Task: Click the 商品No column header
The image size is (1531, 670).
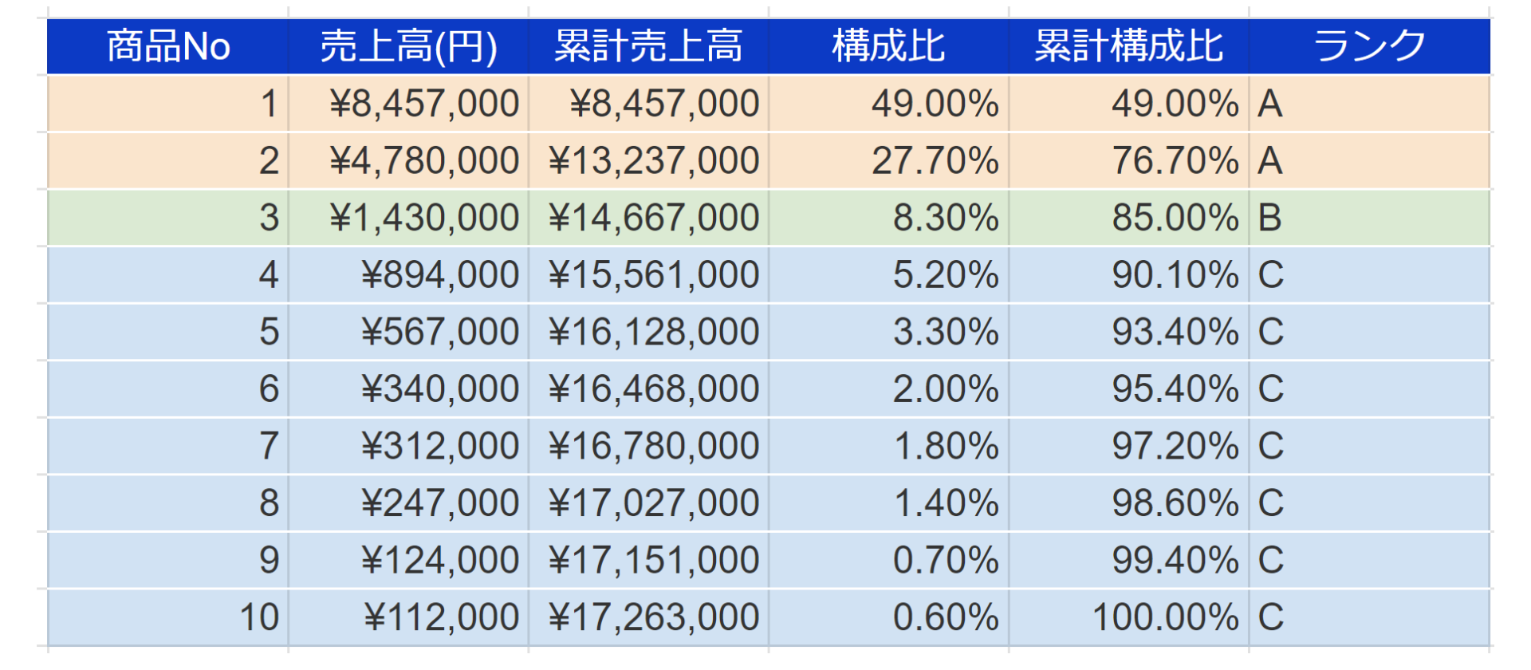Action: click(x=168, y=46)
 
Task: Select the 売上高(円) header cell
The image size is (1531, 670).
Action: click(x=408, y=46)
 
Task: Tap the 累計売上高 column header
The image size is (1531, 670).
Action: click(x=648, y=46)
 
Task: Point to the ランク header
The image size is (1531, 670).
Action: click(x=1369, y=46)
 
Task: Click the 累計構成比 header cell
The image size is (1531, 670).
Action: click(x=1128, y=46)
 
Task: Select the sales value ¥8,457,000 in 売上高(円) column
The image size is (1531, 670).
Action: click(x=424, y=104)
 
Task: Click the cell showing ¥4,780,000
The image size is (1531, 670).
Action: click(x=424, y=161)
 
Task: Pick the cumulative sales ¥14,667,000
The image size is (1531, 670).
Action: click(x=654, y=218)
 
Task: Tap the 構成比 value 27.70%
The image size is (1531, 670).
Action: click(x=935, y=161)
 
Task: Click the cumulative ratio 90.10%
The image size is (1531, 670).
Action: click(x=1175, y=275)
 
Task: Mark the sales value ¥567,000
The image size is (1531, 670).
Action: click(x=440, y=332)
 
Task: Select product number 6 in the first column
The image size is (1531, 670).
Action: click(x=269, y=389)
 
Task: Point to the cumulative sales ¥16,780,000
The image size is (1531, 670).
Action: click(x=654, y=446)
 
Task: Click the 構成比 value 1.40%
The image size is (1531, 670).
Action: click(x=946, y=503)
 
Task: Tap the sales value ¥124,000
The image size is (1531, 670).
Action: click(x=440, y=560)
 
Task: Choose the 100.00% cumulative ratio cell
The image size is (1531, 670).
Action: click(x=1165, y=617)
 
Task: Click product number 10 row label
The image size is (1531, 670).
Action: click(x=259, y=617)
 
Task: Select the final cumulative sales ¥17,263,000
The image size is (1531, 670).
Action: click(x=654, y=617)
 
